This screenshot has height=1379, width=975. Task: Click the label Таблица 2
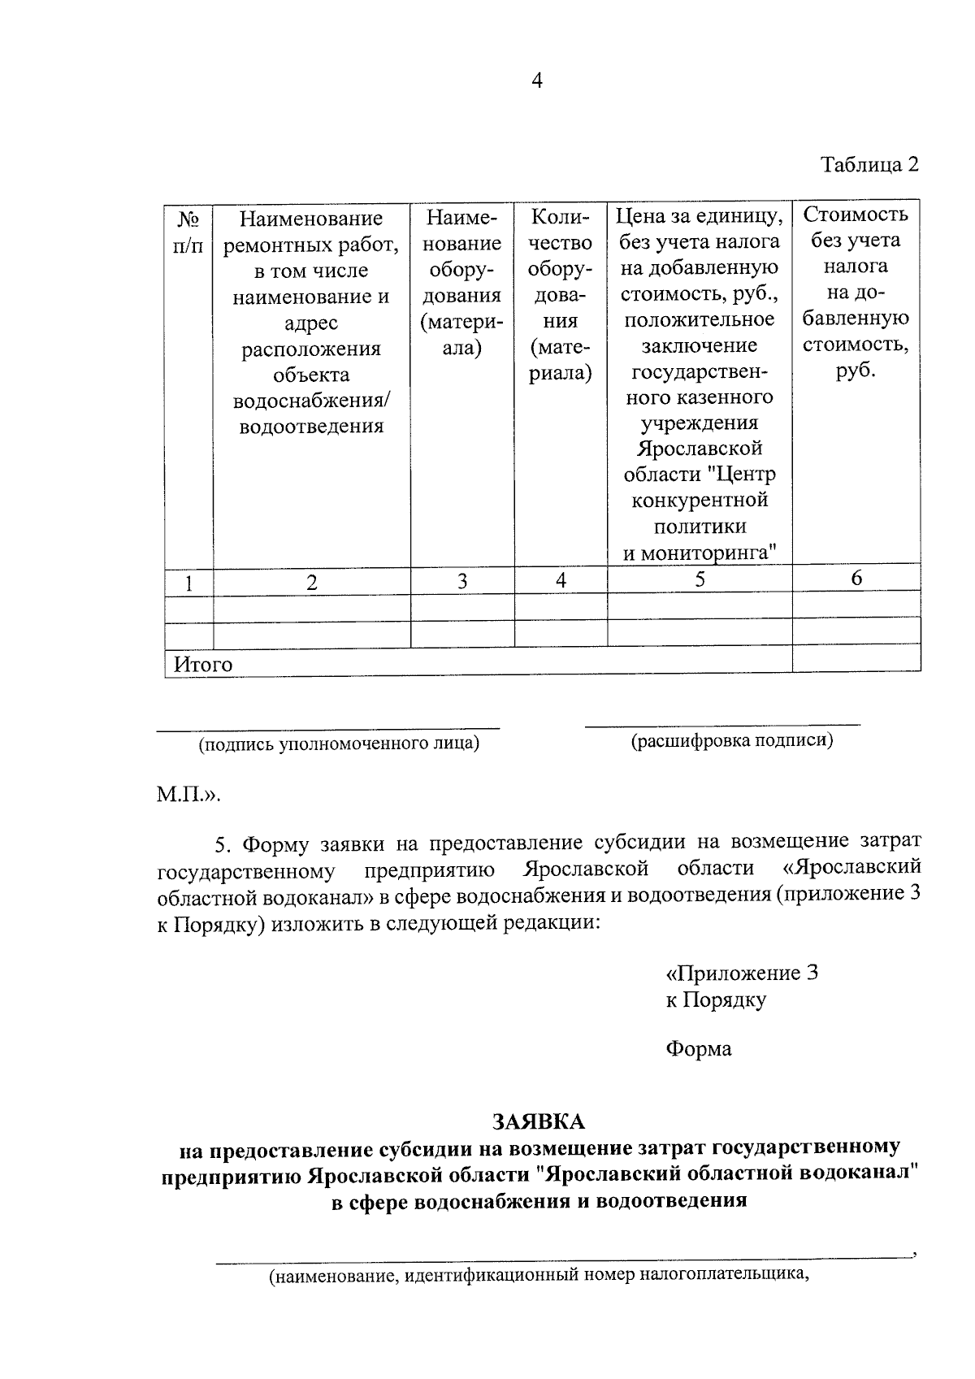(x=869, y=165)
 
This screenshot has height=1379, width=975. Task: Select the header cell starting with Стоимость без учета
(x=856, y=292)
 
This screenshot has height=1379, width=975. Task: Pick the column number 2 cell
(x=311, y=582)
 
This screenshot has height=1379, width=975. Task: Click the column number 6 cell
(x=856, y=578)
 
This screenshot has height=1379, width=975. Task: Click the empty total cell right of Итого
(x=856, y=658)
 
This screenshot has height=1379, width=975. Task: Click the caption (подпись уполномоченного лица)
(x=339, y=744)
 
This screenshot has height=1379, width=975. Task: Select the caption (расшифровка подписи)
(x=732, y=740)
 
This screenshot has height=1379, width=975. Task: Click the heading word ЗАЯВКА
(x=539, y=1121)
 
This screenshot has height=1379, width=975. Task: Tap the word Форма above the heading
(x=698, y=1049)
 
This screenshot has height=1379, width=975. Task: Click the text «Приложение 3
(x=741, y=973)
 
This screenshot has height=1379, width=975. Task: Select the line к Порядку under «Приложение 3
(x=715, y=1000)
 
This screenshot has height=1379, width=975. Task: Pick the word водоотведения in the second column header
(x=311, y=426)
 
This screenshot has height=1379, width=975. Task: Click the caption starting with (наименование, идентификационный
(x=540, y=1275)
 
